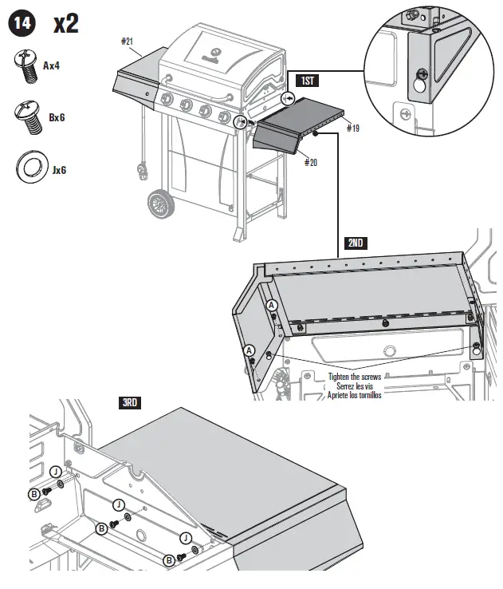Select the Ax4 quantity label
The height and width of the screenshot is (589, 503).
tap(52, 66)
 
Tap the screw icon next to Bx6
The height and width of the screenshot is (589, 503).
tap(29, 117)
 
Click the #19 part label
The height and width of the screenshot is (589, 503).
tap(353, 126)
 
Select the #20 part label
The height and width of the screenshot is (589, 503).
tap(311, 162)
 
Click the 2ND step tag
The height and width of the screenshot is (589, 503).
tap(356, 242)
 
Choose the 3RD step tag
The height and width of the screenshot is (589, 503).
tap(129, 403)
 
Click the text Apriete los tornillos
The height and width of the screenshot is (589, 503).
tap(355, 394)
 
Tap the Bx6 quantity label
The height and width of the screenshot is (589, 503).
tap(57, 117)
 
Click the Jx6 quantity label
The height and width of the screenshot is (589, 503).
tap(57, 169)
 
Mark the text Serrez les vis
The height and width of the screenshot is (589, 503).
tap(355, 386)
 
